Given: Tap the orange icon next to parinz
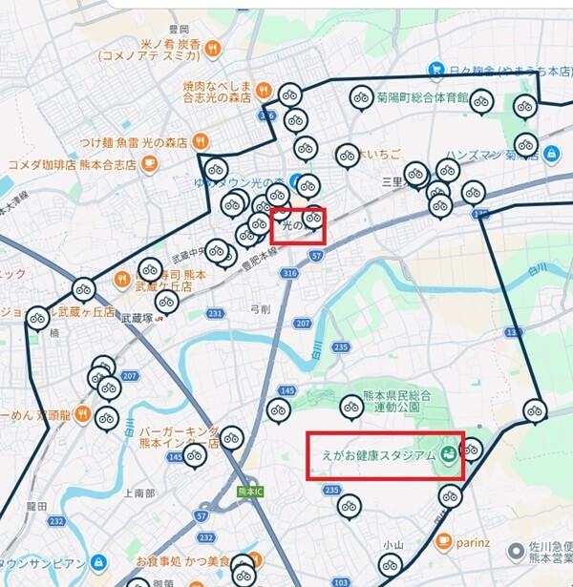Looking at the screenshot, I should [x=443, y=541].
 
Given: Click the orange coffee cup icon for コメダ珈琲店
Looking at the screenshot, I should [x=149, y=163].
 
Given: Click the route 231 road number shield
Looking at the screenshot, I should [x=216, y=313].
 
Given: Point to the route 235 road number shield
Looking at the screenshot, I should [x=331, y=490].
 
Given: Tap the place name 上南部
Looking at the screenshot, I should [x=138, y=493].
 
